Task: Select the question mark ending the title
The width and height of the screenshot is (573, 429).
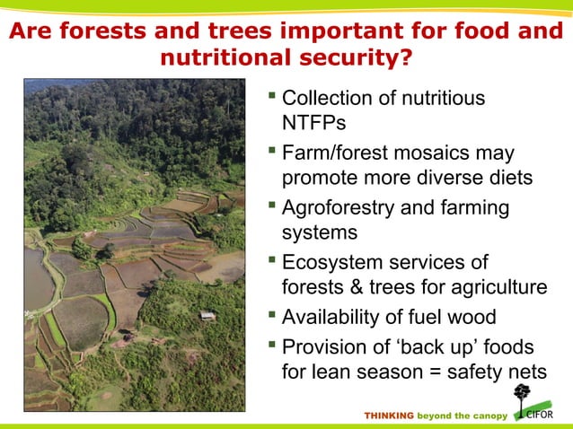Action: pyautogui.click(x=408, y=59)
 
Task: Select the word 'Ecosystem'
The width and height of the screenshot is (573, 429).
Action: pyautogui.click(x=328, y=262)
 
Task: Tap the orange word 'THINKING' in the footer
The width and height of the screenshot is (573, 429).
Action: pyautogui.click(x=388, y=416)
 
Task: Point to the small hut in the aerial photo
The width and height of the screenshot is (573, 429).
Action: pyautogui.click(x=207, y=315)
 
